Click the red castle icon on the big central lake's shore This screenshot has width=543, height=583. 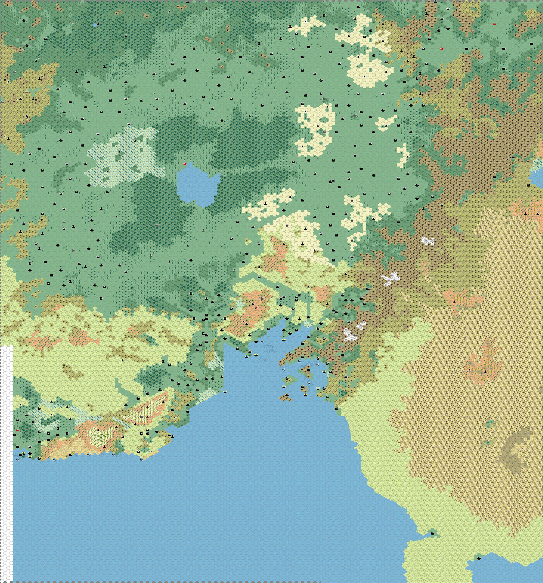coord(185,164)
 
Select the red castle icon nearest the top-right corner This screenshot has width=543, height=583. coord(494,24)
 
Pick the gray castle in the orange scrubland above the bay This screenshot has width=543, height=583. coord(262,298)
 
